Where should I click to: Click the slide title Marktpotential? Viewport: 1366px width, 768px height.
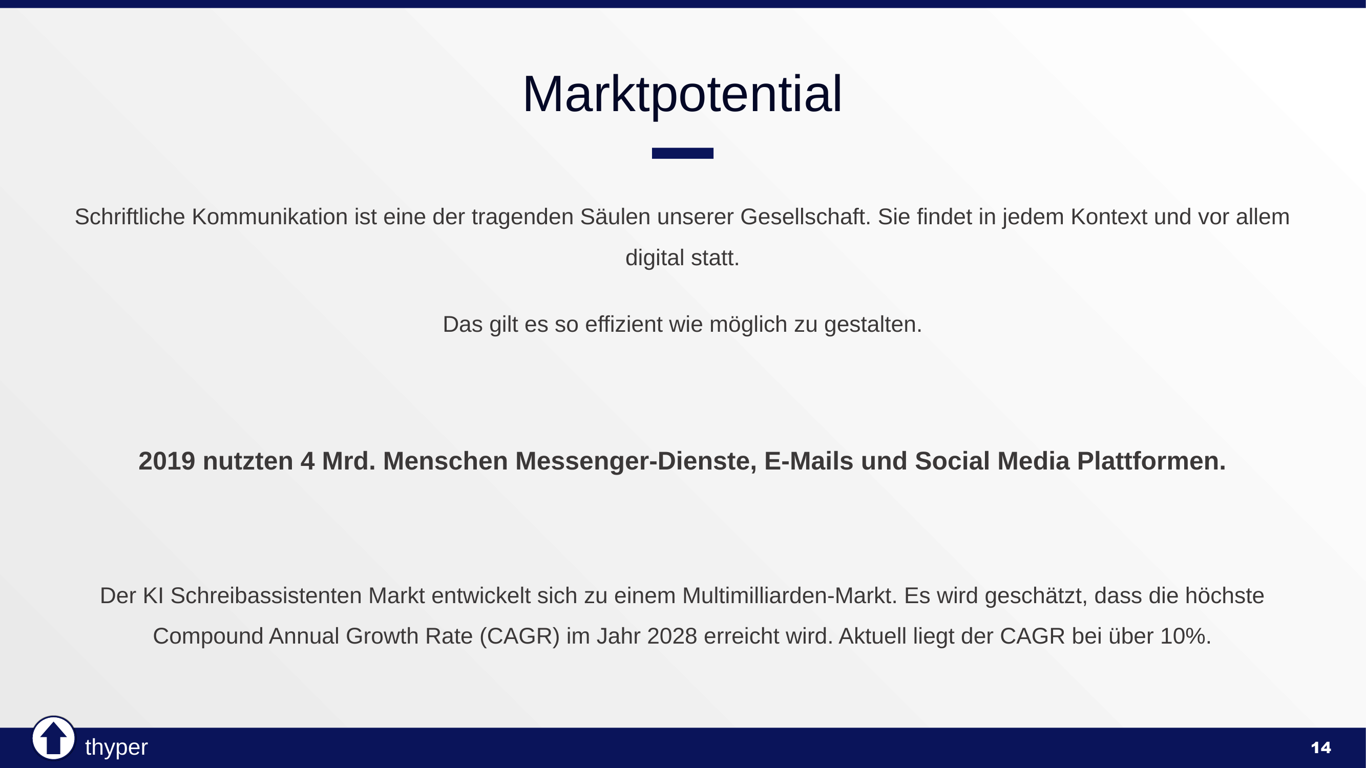click(x=682, y=94)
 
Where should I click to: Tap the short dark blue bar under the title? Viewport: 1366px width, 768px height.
click(x=682, y=153)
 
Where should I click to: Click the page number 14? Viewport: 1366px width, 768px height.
click(x=1320, y=748)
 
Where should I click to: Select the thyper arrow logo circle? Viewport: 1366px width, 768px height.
click(x=53, y=738)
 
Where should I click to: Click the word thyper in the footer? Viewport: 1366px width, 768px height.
click(x=116, y=748)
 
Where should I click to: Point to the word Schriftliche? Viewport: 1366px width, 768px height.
click(x=130, y=217)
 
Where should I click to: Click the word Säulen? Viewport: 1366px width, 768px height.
click(x=615, y=217)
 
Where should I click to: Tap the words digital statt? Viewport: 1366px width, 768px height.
click(x=682, y=258)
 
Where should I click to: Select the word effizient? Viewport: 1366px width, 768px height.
click(x=624, y=325)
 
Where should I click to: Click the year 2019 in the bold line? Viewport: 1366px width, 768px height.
click(x=166, y=461)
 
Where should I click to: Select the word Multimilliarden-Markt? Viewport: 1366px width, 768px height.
click(x=789, y=596)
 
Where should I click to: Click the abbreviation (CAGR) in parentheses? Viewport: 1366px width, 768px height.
click(x=519, y=636)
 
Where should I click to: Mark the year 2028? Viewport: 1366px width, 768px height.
click(x=672, y=636)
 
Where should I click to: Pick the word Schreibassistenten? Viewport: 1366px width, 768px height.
click(x=266, y=596)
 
